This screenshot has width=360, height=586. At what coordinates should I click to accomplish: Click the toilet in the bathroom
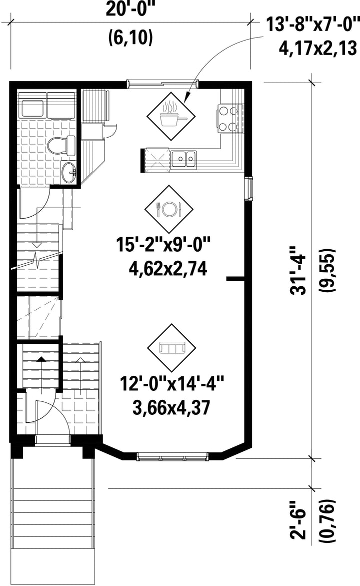tap(60, 146)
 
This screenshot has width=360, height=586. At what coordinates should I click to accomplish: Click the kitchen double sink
tap(183, 160)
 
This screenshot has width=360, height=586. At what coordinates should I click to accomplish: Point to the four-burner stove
tap(229, 119)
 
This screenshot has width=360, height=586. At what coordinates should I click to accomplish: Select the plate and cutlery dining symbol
tap(169, 208)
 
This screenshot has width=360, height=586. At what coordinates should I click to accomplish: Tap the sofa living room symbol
tap(172, 347)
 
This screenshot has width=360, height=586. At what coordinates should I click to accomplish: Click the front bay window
tap(172, 455)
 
